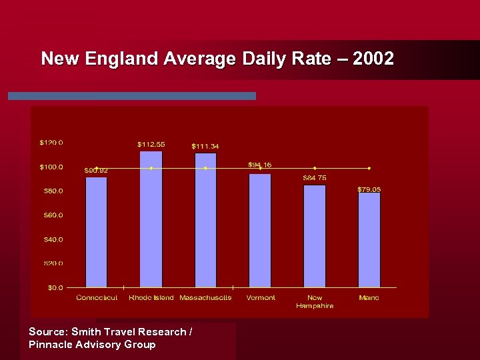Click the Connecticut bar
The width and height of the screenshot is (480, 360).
click(97, 232)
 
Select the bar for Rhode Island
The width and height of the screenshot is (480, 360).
click(151, 219)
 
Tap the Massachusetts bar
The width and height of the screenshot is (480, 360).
click(205, 221)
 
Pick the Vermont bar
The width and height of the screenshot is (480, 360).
click(260, 231)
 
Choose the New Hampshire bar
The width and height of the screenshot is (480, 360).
click(315, 236)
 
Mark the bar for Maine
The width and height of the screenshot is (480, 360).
click(369, 240)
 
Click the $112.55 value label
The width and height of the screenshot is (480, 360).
click(151, 144)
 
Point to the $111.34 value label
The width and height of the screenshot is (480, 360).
click(205, 146)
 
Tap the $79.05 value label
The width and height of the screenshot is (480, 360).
click(369, 189)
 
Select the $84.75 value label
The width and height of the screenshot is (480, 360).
click(315, 178)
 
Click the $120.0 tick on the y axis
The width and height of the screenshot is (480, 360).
click(51, 142)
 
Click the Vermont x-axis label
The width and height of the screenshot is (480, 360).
click(261, 297)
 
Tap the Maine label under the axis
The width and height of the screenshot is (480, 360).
click(369, 297)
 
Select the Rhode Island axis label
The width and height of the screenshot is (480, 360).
click(151, 297)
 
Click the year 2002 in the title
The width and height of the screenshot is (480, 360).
click(373, 59)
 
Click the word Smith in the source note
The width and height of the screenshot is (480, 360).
click(87, 331)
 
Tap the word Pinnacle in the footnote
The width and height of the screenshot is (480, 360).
click(51, 345)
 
